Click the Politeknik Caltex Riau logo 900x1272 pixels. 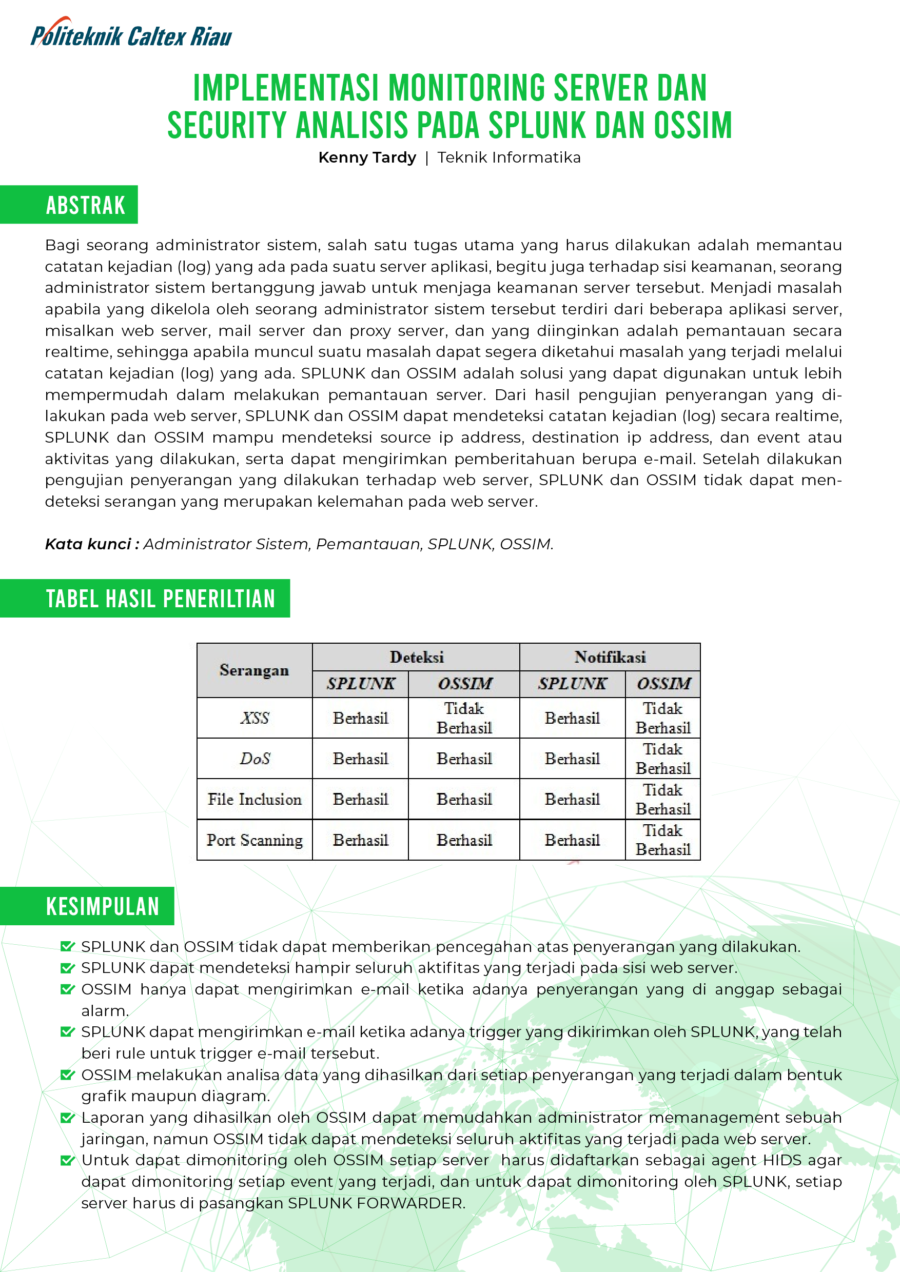(131, 34)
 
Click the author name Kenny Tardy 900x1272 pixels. (367, 158)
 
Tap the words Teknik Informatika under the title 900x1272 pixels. (508, 158)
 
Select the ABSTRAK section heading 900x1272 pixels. (85, 205)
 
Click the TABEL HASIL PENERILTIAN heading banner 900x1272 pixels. (160, 599)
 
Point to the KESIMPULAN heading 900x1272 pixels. (103, 906)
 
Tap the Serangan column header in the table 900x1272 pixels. (255, 670)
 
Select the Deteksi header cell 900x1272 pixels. (416, 658)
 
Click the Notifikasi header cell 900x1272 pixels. (610, 658)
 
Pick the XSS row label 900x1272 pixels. (255, 718)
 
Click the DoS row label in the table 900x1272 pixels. (255, 759)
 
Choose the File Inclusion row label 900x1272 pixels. (255, 800)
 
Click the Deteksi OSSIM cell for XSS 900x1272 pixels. (464, 718)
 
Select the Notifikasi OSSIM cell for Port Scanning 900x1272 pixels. (663, 840)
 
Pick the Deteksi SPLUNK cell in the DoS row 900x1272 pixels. (360, 759)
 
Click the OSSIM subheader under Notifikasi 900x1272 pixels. (663, 684)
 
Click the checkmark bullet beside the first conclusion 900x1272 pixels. (67, 946)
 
